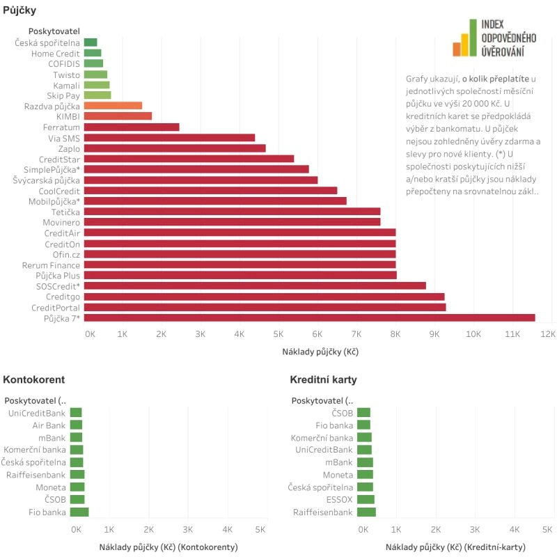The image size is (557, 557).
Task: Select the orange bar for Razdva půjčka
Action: [113, 106]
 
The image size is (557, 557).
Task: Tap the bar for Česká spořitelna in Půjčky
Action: [91, 42]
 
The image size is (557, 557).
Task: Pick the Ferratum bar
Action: [132, 127]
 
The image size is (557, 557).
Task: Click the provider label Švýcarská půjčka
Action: [47, 180]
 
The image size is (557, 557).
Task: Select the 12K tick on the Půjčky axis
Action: [548, 334]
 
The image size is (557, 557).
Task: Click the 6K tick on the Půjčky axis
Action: [317, 334]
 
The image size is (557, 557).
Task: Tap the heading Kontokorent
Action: [34, 379]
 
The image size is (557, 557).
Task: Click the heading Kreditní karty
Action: [324, 379]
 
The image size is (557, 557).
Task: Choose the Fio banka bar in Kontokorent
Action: [79, 512]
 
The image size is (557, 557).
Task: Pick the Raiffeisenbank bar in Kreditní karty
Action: [366, 512]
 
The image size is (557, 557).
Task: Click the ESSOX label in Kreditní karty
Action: [340, 499]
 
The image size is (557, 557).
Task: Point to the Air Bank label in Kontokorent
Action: [49, 425]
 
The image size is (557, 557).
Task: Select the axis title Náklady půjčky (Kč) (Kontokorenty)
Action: [168, 547]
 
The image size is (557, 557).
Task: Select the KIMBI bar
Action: [118, 116]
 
